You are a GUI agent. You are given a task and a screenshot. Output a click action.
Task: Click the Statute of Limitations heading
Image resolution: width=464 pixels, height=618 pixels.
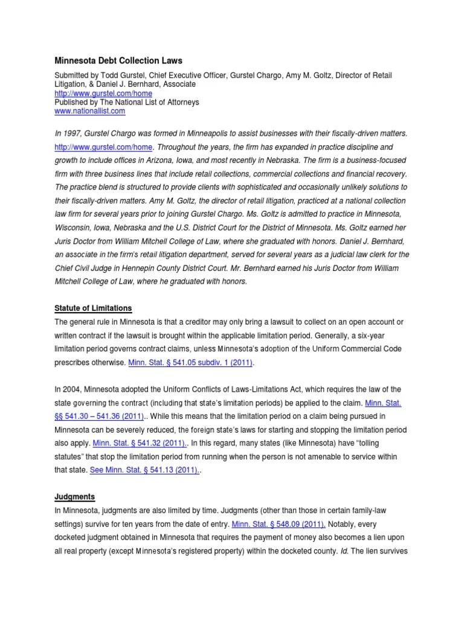click(x=93, y=308)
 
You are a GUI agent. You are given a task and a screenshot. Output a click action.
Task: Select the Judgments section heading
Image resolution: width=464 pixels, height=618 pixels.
click(x=75, y=497)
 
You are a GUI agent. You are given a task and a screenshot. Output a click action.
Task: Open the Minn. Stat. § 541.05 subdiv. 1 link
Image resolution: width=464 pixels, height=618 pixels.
click(x=191, y=363)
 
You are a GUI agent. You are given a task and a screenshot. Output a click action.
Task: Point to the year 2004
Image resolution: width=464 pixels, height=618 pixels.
click(x=74, y=389)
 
